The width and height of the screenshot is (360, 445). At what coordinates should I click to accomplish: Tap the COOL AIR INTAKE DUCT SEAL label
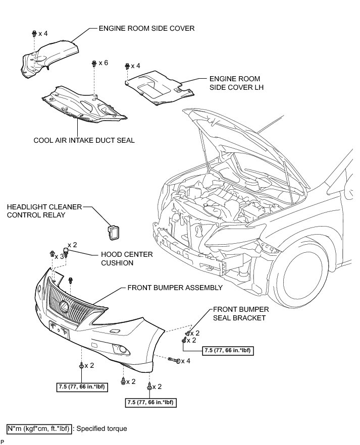click(x=84, y=140)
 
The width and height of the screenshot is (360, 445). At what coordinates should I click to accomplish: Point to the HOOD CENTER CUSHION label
click(x=127, y=259)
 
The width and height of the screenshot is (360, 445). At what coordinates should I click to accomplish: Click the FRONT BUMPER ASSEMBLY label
click(x=175, y=288)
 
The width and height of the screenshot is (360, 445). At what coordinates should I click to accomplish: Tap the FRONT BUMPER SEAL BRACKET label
click(x=241, y=313)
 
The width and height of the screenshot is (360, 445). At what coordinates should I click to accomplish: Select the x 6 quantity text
click(x=103, y=63)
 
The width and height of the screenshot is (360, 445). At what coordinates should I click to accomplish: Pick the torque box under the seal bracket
click(x=227, y=350)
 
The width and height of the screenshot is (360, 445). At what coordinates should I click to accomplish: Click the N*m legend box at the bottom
click(x=39, y=429)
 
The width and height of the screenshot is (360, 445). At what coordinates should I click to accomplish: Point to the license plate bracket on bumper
click(x=59, y=329)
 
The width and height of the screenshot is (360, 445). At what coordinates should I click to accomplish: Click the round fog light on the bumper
click(x=122, y=349)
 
